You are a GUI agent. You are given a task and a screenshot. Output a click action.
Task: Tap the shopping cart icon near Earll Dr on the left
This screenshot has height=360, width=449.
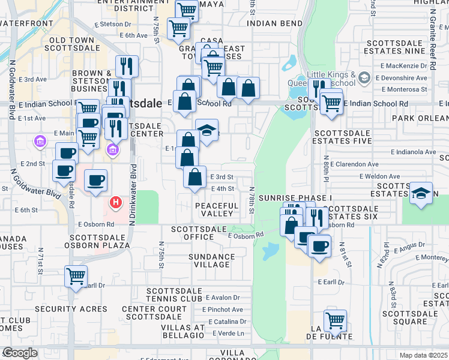[76, 277]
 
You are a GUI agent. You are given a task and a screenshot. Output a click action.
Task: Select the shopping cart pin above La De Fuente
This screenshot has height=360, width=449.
[334, 320]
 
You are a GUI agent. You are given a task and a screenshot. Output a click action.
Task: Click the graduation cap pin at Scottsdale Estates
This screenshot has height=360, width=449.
[422, 193]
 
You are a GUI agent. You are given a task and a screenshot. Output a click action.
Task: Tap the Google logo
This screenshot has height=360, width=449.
[20, 352]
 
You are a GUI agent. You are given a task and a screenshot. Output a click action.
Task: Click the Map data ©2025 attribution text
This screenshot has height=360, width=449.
[423, 355]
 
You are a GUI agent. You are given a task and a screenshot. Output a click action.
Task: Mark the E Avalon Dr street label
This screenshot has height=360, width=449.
[222, 297]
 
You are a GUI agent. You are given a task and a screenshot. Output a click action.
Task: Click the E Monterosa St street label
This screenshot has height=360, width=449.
[402, 89]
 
